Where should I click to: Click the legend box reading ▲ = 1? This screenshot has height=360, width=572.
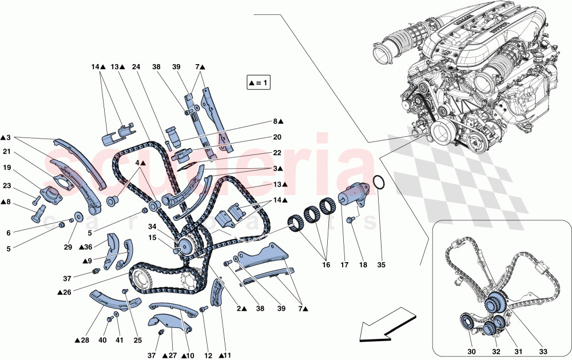click(x=258, y=84)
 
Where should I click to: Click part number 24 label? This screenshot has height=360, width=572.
click(x=136, y=67)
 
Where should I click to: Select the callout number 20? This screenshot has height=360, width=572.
click(x=277, y=137)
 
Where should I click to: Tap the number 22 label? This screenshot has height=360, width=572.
click(x=277, y=153)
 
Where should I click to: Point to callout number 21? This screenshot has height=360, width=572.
click(x=7, y=152)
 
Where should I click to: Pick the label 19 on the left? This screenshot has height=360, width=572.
click(x=7, y=168)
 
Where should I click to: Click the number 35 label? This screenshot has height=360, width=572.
click(x=382, y=266)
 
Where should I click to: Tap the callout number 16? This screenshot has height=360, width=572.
click(x=326, y=266)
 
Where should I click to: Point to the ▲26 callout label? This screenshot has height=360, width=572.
click(x=64, y=292)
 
